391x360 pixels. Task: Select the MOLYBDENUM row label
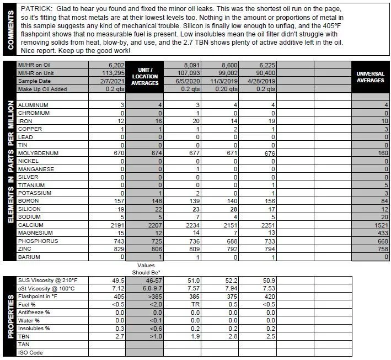38,153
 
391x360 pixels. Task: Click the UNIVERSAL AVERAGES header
370,77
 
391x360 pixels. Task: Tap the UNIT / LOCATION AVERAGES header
146,77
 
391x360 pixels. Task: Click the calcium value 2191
117,225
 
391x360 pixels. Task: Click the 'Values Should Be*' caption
145,268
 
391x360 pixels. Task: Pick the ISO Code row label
30,352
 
